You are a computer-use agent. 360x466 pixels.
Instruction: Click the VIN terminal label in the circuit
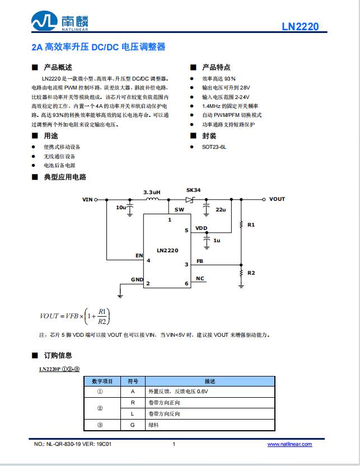click(87, 199)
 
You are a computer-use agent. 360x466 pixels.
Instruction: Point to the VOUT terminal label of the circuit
click(277, 199)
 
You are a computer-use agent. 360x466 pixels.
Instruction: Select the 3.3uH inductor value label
click(152, 191)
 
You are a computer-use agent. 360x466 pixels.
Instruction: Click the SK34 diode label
click(193, 190)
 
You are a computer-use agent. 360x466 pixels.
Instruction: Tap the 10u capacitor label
click(121, 208)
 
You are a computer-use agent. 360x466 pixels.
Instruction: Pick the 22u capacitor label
click(220, 209)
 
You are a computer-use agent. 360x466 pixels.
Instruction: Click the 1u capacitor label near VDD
click(216, 240)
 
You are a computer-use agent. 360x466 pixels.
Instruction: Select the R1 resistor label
click(251, 224)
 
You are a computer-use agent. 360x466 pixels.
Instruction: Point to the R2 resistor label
click(251, 273)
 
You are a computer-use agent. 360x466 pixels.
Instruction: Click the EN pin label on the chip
click(139, 256)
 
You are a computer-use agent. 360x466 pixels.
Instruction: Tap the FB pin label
click(200, 261)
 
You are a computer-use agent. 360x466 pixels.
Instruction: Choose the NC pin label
click(200, 279)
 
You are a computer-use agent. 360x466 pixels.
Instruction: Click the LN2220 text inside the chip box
click(167, 250)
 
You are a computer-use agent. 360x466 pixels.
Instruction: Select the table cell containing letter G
click(133, 425)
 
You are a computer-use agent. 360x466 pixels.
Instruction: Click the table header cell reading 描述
click(210, 381)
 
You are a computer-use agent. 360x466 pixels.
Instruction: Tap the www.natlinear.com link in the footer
click(289, 444)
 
